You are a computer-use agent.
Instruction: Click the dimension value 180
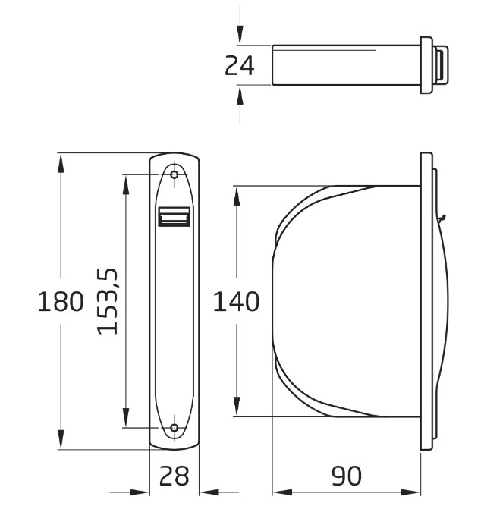61,303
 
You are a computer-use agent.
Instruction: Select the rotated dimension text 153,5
109,300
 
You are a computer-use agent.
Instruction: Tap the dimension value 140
236,302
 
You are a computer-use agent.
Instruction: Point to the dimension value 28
174,476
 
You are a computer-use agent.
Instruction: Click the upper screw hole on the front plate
174,175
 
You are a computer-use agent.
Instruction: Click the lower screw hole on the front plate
174,429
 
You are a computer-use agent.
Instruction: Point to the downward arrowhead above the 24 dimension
240,35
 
